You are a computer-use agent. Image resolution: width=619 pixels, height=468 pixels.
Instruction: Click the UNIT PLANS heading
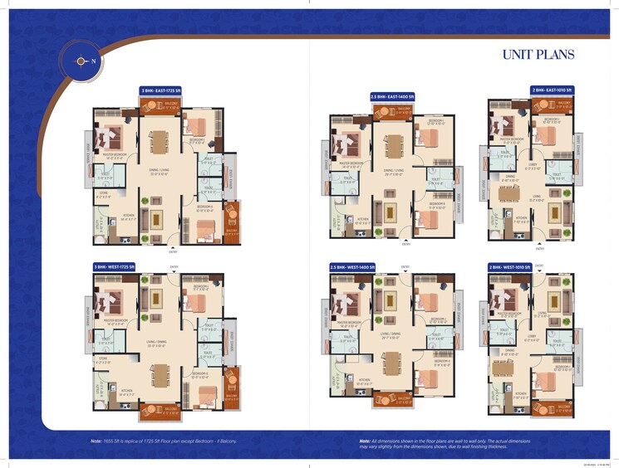tap(538, 55)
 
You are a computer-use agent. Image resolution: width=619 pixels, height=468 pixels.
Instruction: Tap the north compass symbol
tap(81, 60)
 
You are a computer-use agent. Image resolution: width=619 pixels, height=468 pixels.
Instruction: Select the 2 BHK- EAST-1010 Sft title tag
tap(553, 89)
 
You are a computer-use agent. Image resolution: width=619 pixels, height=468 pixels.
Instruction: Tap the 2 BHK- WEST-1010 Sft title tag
tap(512, 266)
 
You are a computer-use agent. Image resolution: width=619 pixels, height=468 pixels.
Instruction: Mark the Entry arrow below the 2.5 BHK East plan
tap(405, 240)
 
